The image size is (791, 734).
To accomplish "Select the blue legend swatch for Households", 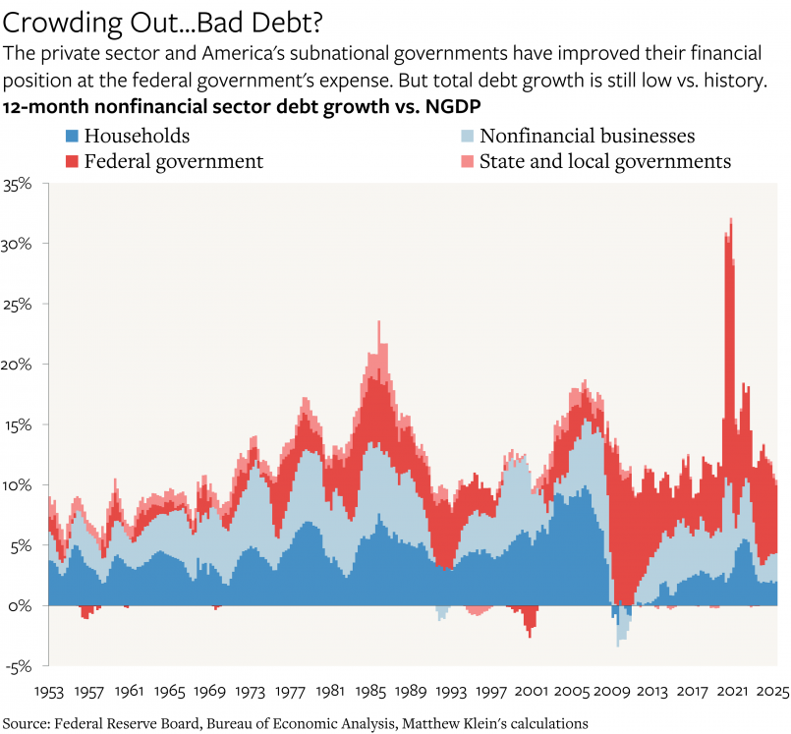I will coord(72,137).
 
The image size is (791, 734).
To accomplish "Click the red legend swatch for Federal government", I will coord(72,161).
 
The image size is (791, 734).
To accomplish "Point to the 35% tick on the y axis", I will coord(20,184).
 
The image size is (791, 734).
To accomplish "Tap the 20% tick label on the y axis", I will coord(20,365).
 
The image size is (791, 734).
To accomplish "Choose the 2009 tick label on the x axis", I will coord(616,691).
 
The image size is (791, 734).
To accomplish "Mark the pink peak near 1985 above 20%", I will coord(379,322).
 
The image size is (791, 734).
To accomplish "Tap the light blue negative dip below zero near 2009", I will coord(618,643).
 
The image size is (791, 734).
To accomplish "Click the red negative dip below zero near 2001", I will coord(531,634).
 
